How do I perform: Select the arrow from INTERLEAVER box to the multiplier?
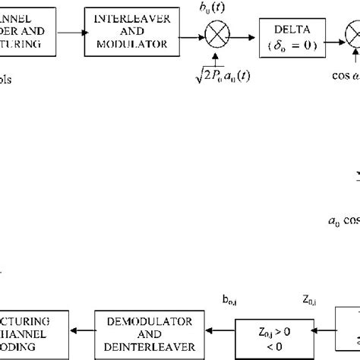187,33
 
